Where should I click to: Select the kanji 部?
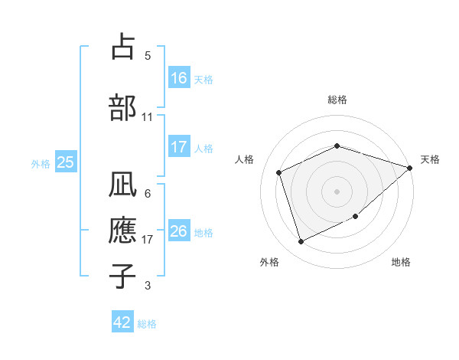coord(122,107)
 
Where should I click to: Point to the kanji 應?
coord(122,231)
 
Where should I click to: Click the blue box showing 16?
coord(179,78)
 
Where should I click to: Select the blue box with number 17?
coord(179,147)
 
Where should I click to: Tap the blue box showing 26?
coord(179,231)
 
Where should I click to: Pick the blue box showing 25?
coord(65,162)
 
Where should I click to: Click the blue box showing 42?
coord(122,322)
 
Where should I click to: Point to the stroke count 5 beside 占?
coord(148,56)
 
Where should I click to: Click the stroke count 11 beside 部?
coord(148,117)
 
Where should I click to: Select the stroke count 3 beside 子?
coord(148,286)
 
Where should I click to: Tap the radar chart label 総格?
coord(337,100)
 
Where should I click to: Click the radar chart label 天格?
coord(430,159)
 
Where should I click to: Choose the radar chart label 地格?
coord(401,262)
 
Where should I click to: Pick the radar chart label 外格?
coord(269,262)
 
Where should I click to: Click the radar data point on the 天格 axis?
coord(410,168)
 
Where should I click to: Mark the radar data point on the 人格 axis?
coord(279,172)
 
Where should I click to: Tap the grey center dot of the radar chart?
coord(337,191)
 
